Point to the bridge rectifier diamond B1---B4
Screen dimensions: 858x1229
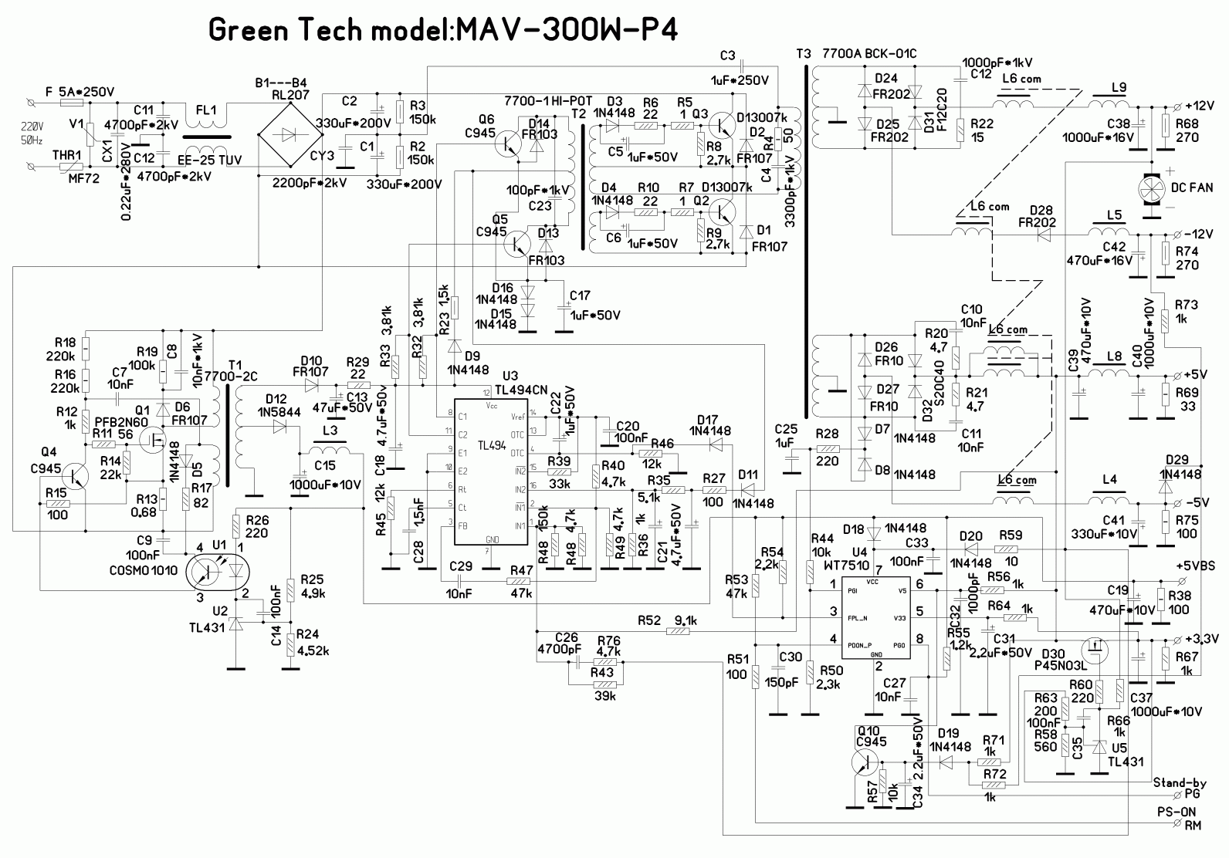point(288,133)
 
